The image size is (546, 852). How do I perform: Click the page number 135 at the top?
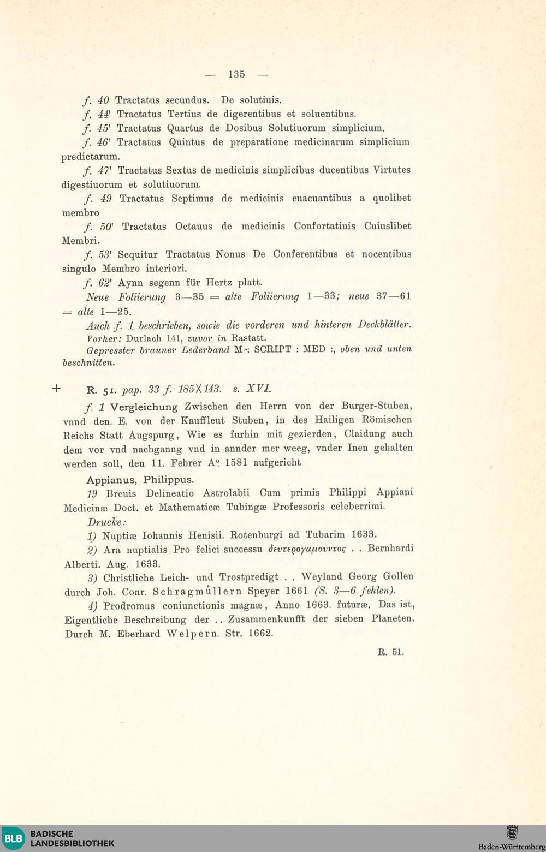point(236,74)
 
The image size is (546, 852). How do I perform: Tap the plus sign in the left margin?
point(56,389)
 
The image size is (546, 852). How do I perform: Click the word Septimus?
point(192,198)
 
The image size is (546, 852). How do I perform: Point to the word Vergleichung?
point(144,407)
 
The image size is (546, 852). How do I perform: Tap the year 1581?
point(237,462)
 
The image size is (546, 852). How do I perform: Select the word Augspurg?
point(151,435)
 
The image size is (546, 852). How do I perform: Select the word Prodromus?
point(129,605)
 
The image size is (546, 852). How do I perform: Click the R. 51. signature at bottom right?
point(391,652)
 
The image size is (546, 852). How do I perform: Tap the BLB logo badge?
point(14,838)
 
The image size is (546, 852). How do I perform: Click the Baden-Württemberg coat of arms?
point(512,833)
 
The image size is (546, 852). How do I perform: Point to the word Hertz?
point(220,283)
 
